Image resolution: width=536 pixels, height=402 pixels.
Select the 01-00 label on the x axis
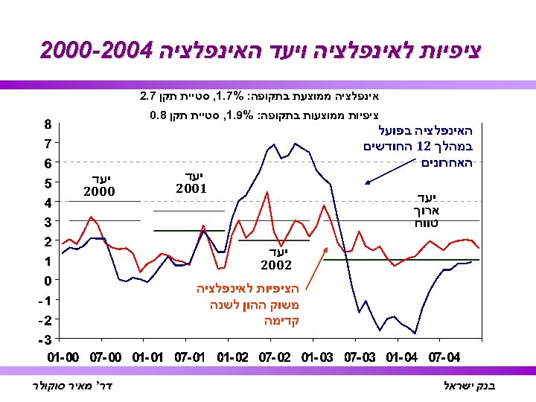64,357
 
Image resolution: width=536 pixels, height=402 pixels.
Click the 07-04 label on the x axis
445,357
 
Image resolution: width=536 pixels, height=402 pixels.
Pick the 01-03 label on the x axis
318,357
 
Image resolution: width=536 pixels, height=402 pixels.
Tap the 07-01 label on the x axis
191,357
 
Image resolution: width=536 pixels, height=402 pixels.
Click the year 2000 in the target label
99,192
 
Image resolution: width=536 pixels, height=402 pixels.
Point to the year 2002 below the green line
275,264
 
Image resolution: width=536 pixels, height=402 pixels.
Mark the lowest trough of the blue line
415,333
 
